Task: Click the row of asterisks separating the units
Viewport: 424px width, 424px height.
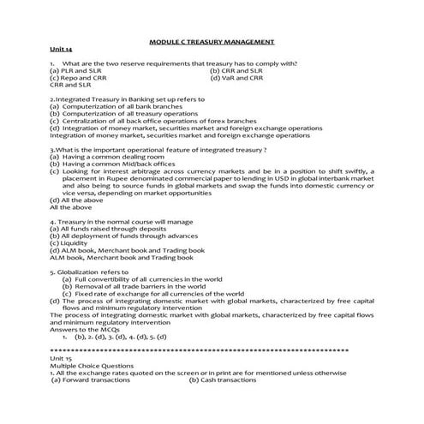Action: pos(211,351)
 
